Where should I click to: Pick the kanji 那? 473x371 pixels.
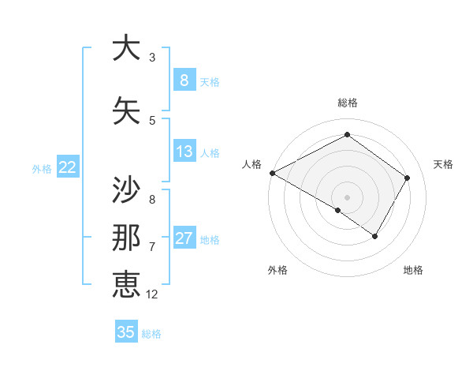126,238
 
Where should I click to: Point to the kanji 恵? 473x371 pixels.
126,284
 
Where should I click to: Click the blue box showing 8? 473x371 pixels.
184,80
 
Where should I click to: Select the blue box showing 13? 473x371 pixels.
184,152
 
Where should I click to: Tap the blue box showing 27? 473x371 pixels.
184,238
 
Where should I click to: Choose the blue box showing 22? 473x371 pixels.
68,167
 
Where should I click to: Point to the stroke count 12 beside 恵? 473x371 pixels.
152,294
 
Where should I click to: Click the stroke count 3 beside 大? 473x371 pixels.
152,58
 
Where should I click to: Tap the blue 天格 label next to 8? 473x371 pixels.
210,81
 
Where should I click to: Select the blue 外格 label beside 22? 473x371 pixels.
42,168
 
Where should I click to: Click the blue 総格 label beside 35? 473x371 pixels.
152,334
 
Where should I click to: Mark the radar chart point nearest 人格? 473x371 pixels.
272,173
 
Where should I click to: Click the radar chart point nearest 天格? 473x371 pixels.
408,178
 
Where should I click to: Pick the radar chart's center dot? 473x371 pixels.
347,197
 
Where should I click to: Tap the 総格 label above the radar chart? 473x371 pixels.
348,103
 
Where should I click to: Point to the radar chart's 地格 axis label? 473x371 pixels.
413,270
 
